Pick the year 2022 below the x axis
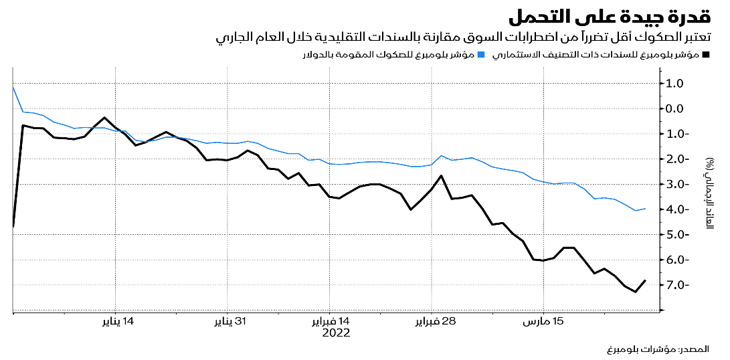click(337, 333)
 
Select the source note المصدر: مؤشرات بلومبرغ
click(660, 350)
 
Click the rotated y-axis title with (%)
click(709, 195)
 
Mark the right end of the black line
click(646, 280)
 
